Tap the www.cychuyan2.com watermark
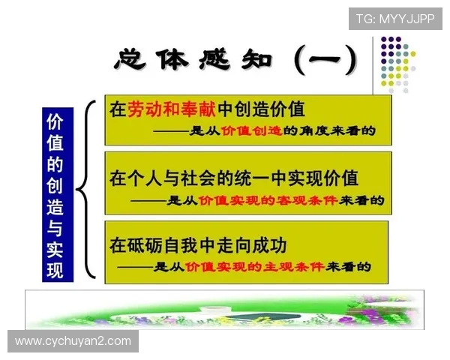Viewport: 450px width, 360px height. pos(73,341)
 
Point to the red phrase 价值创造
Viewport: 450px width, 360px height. pos(251,131)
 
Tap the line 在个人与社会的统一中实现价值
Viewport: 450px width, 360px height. pos(234,178)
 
